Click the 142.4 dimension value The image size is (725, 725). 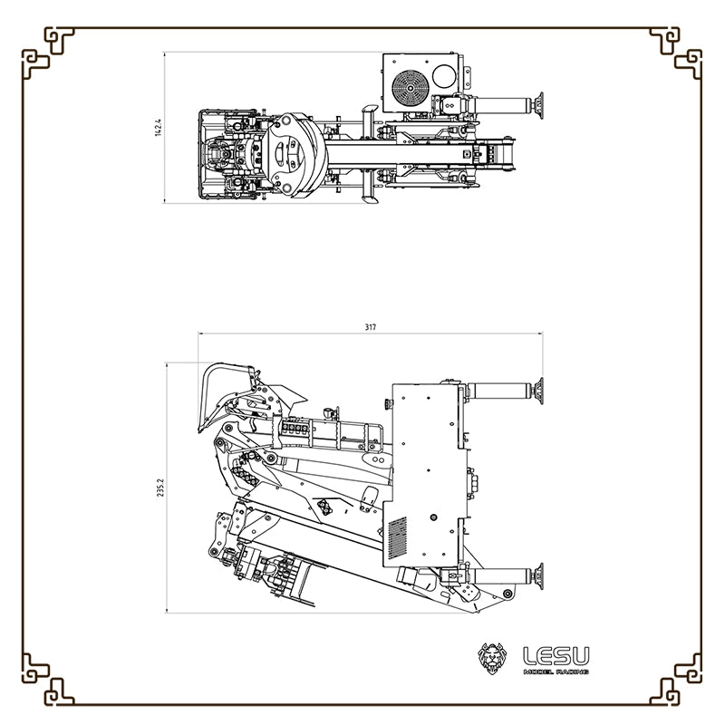(x=158, y=128)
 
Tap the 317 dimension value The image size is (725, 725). (x=371, y=327)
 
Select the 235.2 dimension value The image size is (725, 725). (x=160, y=488)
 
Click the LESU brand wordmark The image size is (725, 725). (x=556, y=656)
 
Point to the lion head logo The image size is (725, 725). (x=492, y=658)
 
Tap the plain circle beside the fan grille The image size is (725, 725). (x=444, y=76)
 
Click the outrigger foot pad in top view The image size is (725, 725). (x=538, y=106)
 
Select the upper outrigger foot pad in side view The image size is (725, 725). (x=538, y=391)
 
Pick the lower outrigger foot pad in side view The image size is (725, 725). (x=538, y=576)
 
